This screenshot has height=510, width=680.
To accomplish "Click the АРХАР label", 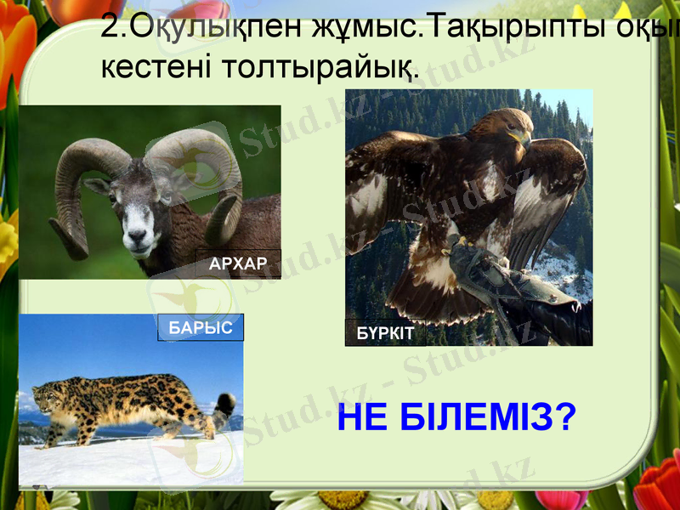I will coord(237,264).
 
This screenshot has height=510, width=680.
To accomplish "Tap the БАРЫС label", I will coord(201,327).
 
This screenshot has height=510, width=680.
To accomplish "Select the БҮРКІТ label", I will coord(385,333).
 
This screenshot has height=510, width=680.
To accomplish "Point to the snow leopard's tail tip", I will coord(225,400).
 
